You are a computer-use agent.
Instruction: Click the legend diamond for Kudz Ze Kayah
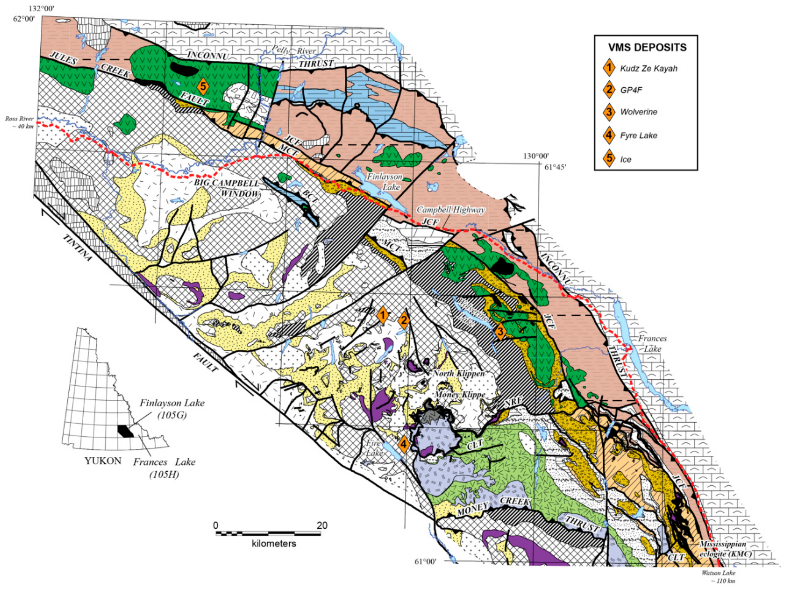(609, 68)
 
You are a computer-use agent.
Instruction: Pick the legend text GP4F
(631, 90)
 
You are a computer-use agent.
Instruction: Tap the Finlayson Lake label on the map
(385, 181)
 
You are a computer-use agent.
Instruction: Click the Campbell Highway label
(450, 210)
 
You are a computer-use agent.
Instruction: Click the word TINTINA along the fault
(77, 247)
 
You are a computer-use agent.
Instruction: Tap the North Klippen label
(458, 373)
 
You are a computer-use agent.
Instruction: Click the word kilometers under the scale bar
(273, 543)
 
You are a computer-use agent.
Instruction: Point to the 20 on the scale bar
(322, 525)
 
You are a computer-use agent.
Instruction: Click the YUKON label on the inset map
(103, 461)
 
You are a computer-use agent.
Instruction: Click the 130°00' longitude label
(536, 156)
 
